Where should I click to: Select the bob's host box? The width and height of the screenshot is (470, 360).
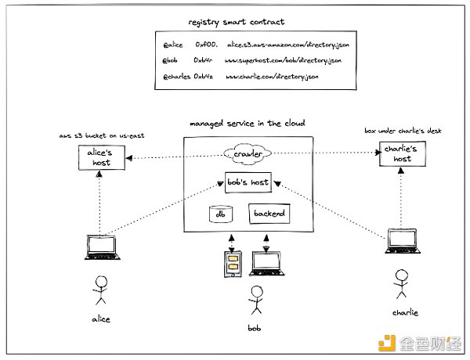tap(248, 182)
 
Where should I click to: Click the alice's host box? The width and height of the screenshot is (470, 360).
tap(103, 159)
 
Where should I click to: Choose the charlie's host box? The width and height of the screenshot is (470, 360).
tap(402, 154)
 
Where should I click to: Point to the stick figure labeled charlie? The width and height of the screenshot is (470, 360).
tap(401, 283)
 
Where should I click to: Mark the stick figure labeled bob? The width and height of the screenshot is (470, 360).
tap(253, 300)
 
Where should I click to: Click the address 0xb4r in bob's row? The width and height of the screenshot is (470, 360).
tap(206, 61)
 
